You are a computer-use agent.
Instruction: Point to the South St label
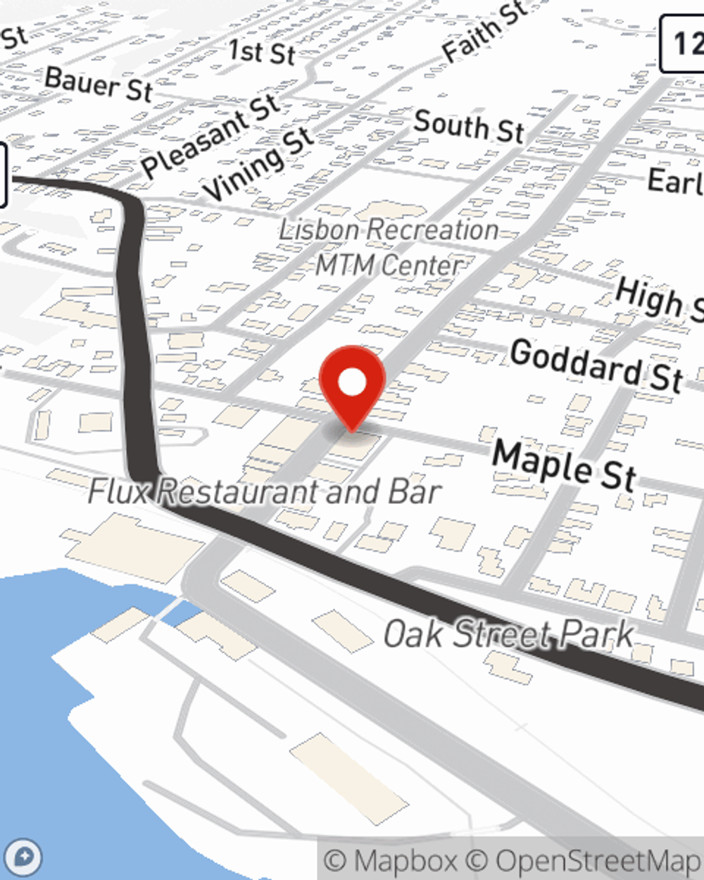coord(469,126)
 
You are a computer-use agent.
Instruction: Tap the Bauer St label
coord(99,84)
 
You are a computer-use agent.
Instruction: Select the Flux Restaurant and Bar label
coord(265,491)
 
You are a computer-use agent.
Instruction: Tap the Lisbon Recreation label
coord(389,230)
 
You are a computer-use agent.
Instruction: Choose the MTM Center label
coord(389,265)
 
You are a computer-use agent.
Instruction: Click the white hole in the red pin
coord(352,383)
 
